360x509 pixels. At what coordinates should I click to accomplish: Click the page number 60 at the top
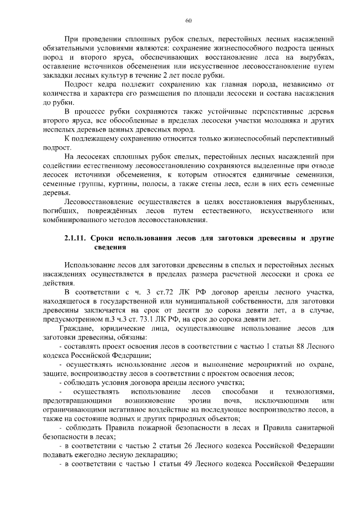[x=188, y=21]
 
